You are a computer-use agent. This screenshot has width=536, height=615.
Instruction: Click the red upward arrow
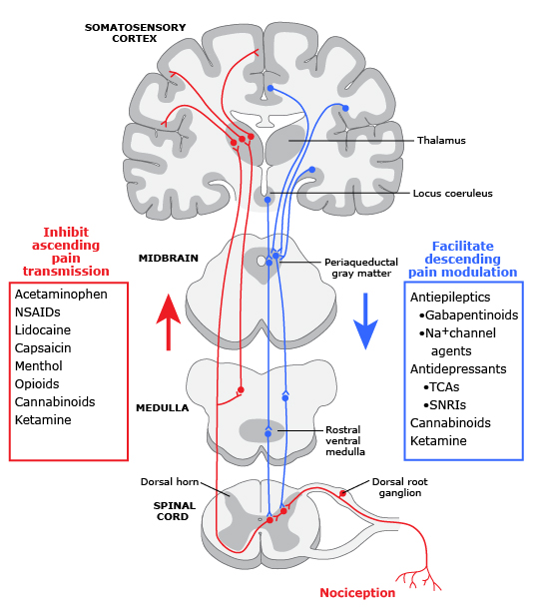[x=169, y=318]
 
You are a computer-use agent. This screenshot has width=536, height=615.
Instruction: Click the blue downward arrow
[x=366, y=319]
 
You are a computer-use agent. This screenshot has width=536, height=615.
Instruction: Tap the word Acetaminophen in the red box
[x=61, y=295]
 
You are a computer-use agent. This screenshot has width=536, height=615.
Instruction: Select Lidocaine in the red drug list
[x=44, y=330]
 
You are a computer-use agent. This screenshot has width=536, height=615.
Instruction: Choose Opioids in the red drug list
[x=37, y=384]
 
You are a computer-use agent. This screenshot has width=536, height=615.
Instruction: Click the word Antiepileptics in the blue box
[x=450, y=297]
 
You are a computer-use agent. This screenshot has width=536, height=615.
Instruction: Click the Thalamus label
[x=441, y=141]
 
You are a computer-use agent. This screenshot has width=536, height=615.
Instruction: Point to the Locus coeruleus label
[x=452, y=193]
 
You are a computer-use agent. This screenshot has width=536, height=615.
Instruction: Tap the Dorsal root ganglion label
[x=399, y=487]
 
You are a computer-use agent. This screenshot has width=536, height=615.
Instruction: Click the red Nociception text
[x=357, y=593]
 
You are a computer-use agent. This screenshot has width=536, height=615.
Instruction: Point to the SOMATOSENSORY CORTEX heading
[x=133, y=32]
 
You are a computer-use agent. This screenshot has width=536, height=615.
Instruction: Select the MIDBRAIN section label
[x=163, y=258]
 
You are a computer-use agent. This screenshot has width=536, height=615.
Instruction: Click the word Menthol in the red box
[x=39, y=366]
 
